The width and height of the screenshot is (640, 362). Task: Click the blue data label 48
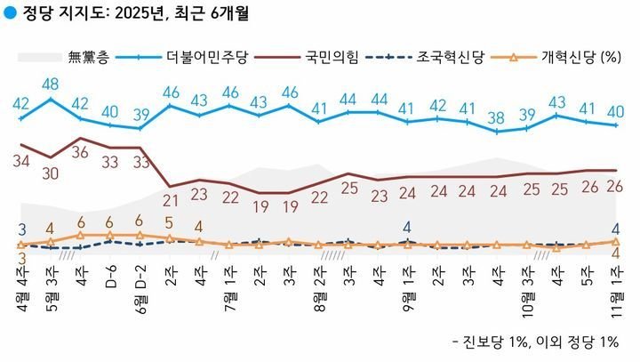coord(51,84)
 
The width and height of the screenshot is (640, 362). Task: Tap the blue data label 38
coord(498,116)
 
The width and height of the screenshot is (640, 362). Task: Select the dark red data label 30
coord(51,173)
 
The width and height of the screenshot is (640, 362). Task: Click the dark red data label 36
coord(81,152)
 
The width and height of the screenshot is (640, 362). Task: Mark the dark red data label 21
coord(171,201)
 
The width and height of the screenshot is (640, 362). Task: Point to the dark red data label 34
coord(21,161)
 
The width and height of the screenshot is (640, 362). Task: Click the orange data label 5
coord(169,223)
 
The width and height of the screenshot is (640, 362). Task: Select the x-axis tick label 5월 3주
coord(51,286)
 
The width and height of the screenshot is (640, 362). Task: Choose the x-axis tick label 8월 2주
coord(319,286)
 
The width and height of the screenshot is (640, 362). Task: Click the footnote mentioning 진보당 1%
coord(535,342)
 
